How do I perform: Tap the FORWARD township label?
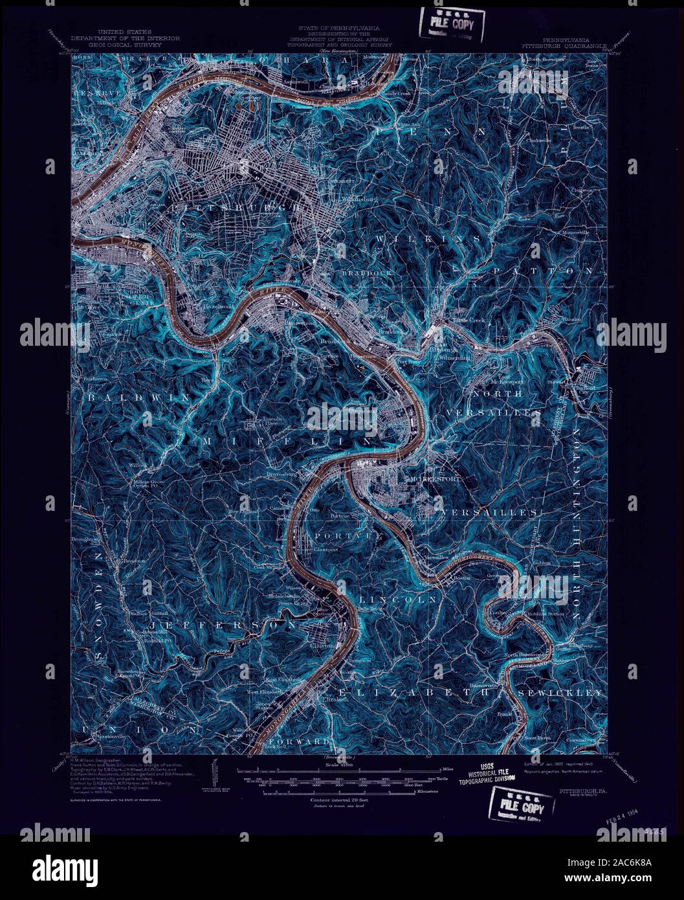click(x=300, y=740)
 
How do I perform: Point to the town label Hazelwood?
click(x=201, y=304)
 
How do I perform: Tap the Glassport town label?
click(x=326, y=549)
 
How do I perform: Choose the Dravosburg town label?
click(x=280, y=475)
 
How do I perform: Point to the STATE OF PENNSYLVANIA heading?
click(x=339, y=29)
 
